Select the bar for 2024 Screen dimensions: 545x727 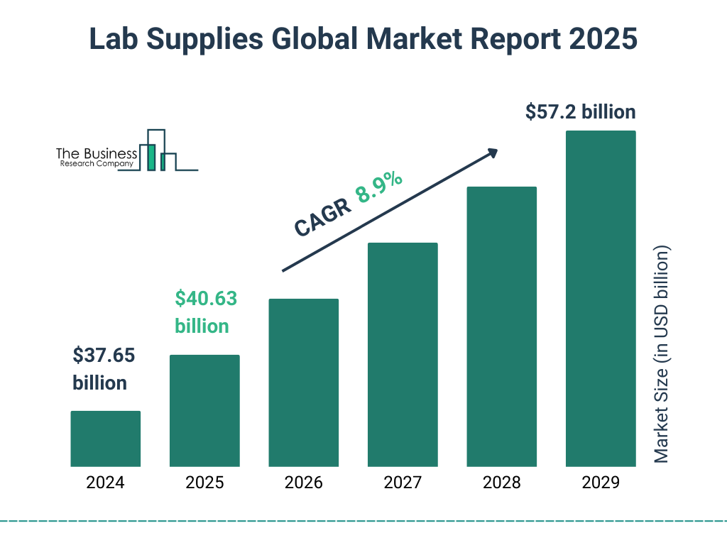pos(105,439)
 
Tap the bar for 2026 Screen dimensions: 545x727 pos(303,382)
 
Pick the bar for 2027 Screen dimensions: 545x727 pos(403,354)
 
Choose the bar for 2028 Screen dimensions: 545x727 pos(501,326)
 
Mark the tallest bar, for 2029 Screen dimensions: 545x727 pos(601,298)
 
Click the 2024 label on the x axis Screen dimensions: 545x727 pos(105,483)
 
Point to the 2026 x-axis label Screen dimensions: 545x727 pos(303,483)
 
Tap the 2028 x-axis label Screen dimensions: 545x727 pos(501,483)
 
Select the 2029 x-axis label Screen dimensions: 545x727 pos(601,483)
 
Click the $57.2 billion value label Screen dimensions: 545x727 pos(580,112)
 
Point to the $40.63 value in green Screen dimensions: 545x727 pos(206,299)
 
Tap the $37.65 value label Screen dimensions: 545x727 pos(104,355)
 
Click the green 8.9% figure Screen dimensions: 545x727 pos(380,188)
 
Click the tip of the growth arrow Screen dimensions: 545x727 pos(496,150)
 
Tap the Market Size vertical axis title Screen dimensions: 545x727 pos(662,355)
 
